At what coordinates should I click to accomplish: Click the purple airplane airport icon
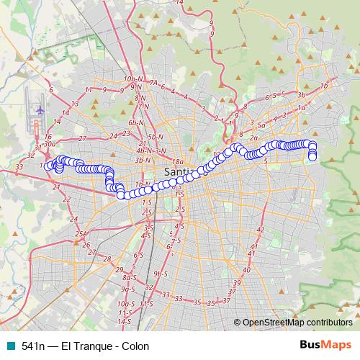(40, 109)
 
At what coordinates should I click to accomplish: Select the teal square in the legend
(9, 346)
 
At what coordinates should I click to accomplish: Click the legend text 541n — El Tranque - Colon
(85, 346)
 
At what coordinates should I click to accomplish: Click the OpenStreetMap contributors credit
(297, 322)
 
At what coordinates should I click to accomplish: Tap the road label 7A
(153, 83)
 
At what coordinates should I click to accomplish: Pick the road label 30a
(49, 144)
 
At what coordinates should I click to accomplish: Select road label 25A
(81, 234)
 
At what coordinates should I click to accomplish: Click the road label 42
(260, 230)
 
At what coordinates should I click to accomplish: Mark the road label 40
(246, 270)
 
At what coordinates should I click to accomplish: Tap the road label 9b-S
(160, 274)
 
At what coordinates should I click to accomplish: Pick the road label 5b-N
(154, 136)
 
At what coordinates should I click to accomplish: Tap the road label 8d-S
(130, 277)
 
